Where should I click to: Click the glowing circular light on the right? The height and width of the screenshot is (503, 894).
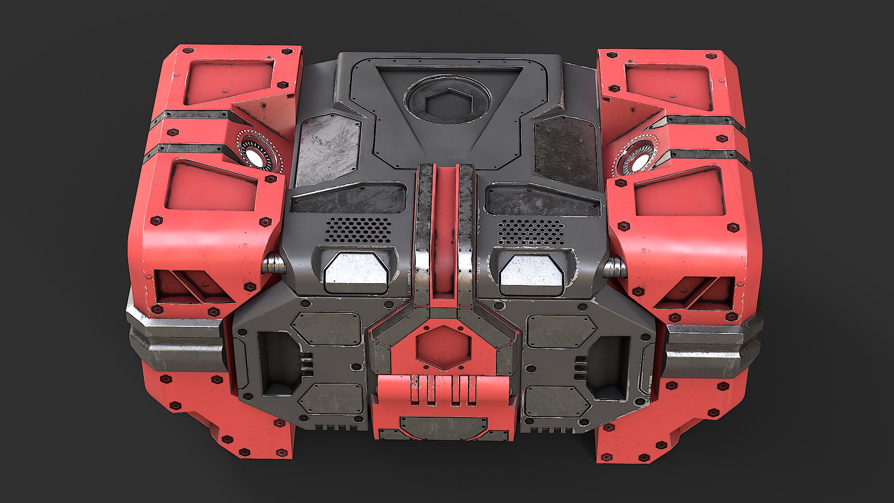(x=639, y=161)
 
